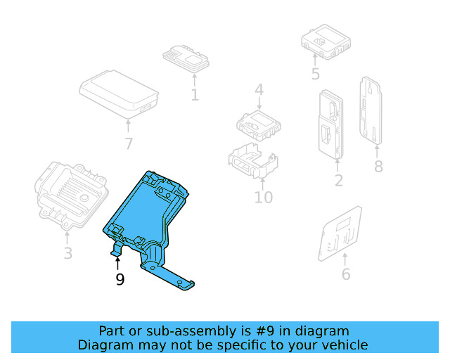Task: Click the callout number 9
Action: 120,280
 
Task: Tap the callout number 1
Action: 195,94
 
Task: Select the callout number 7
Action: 128,144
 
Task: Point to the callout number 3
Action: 67,253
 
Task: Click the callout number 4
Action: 259,90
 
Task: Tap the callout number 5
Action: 315,74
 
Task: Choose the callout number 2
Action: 338,181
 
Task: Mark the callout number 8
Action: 378,167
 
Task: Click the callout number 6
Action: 345,274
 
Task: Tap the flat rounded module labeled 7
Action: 118,92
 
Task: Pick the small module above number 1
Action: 187,56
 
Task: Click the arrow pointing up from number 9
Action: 118,264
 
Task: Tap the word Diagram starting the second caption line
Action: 104,345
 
